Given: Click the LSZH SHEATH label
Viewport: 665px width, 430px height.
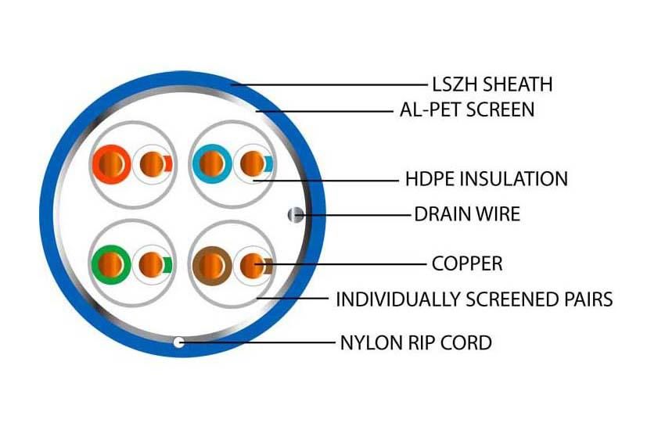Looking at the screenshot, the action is click(492, 84).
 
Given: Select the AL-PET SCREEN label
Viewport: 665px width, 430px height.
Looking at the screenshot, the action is click(467, 109).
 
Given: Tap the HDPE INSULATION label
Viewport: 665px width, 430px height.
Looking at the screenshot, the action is click(487, 179).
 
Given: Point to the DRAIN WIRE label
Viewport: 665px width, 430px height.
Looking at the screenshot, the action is click(467, 214).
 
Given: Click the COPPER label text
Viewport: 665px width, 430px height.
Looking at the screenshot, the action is click(467, 263).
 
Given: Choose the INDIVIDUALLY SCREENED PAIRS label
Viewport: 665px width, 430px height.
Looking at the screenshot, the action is click(474, 299).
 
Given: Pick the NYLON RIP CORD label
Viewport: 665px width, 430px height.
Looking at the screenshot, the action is click(416, 342).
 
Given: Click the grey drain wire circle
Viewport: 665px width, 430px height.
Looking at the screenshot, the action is click(296, 215).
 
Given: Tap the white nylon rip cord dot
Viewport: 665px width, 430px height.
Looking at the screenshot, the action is click(178, 342).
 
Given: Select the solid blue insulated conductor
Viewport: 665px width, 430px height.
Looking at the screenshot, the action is click(212, 164).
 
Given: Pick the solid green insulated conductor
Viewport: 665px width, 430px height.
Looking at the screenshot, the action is click(110, 264).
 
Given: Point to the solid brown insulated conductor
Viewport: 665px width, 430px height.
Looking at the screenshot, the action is click(212, 265).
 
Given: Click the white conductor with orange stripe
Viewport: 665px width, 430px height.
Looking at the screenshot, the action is click(153, 164).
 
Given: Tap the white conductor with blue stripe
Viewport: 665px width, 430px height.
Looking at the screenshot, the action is click(253, 164).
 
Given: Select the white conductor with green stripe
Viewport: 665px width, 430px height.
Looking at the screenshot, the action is click(152, 265).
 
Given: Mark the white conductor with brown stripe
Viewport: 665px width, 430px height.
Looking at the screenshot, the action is click(253, 266).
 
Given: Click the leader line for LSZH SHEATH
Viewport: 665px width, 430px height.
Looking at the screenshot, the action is click(329, 84).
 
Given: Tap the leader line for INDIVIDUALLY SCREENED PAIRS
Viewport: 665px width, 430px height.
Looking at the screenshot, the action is click(293, 298).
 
